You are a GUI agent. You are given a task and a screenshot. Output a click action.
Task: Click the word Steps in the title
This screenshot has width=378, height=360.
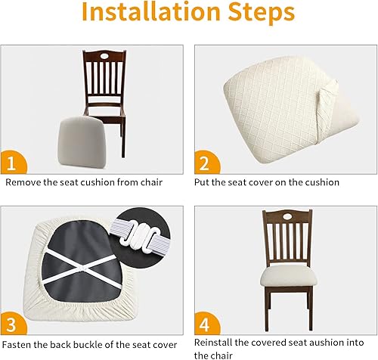(x=259, y=14)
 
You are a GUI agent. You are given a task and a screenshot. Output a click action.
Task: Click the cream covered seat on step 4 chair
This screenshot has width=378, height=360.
(x=288, y=275)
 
